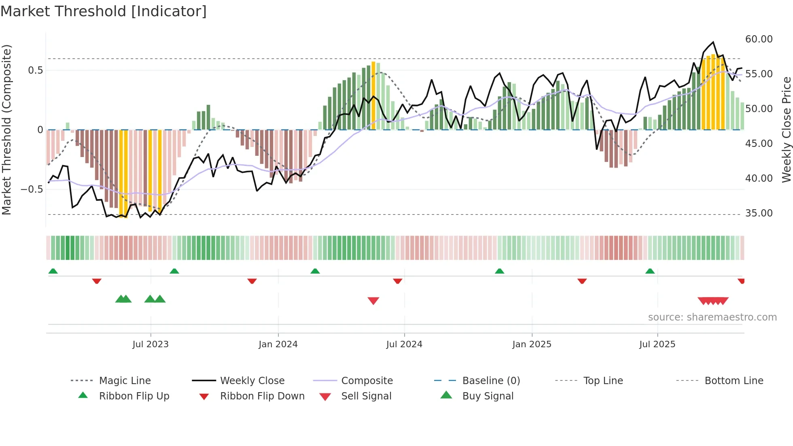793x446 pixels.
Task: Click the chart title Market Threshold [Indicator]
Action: (x=104, y=11)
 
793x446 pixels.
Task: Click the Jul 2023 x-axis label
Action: (x=151, y=344)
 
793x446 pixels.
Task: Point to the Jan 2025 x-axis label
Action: (x=532, y=344)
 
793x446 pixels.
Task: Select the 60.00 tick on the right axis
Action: (x=759, y=39)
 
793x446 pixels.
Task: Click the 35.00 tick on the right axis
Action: (x=759, y=213)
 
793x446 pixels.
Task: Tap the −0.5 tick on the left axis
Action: (x=32, y=189)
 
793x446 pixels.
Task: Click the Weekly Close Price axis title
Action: (x=786, y=130)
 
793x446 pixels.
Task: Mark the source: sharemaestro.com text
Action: (x=712, y=317)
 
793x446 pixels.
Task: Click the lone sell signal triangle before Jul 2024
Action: (x=373, y=301)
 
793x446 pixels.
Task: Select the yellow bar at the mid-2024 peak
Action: (x=373, y=96)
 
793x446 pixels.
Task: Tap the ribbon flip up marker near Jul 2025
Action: (x=650, y=271)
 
